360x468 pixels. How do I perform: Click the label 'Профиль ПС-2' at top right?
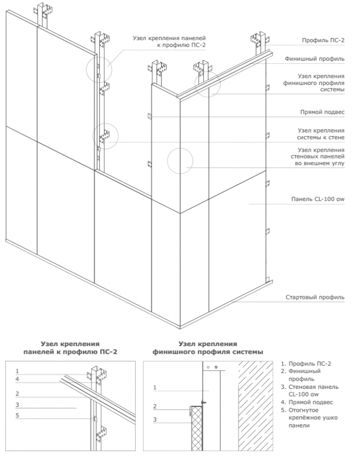pos(323,40)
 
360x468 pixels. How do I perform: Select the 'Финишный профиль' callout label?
pos(314,59)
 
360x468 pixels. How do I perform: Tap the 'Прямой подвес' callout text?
pos(322,112)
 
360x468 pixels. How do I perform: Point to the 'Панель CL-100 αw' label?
pos(318,199)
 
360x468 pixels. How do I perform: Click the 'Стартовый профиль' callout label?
pos(315,297)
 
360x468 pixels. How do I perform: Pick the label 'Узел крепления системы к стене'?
pos(320,134)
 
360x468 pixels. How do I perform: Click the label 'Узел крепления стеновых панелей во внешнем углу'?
pos(318,156)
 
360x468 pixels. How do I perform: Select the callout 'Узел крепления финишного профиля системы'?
pos(314,83)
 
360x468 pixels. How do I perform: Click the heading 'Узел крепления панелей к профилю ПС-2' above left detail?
pos(70,348)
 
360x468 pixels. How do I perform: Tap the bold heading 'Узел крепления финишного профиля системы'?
pos(208,348)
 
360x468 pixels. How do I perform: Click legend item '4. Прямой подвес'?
pos(307,402)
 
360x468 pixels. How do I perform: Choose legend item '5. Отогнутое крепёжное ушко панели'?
pos(309,418)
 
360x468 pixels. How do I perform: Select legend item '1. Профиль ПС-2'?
pos(306,364)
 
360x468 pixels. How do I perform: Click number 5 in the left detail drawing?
pos(17,416)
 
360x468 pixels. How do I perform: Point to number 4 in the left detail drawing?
pos(17,379)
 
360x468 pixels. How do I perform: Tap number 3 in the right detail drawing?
pos(155,420)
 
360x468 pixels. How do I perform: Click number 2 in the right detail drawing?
pos(155,406)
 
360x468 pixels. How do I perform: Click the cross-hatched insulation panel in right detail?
pos(196,428)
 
